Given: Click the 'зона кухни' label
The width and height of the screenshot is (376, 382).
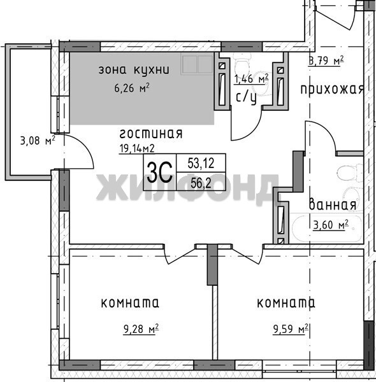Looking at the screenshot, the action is coord(134,70).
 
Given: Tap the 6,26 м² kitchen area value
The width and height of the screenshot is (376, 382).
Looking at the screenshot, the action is coord(132,88).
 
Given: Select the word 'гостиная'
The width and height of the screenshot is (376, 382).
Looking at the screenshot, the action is coord(151,134).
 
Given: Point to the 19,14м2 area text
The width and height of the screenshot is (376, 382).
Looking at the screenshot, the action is coord(137,148).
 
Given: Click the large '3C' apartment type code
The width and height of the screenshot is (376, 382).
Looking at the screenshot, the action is coord(160,172).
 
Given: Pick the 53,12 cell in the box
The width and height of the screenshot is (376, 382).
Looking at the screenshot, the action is coord(201,163).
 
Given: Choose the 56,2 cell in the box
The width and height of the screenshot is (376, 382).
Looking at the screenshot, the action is coord(201,183).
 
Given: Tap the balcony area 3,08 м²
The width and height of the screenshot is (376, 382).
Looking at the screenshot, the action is coord(38,141).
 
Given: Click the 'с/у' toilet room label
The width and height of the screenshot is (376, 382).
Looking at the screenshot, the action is coord(246,98).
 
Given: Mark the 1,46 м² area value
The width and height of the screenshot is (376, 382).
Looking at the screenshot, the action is coord(251,79).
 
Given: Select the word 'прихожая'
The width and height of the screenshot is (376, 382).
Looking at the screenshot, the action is coord(332,89).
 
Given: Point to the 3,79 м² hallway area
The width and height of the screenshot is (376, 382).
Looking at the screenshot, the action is coord(326,60).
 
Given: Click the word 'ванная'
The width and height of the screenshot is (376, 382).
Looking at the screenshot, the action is coord(333,205).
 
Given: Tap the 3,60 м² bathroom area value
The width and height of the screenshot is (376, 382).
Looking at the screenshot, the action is coord(331,225).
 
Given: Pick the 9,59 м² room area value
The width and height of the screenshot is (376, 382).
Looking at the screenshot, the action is coord(291,329).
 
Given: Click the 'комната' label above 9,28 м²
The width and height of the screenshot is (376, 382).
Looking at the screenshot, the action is coord(130,303).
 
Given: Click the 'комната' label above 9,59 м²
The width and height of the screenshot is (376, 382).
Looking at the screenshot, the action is coord(286,303).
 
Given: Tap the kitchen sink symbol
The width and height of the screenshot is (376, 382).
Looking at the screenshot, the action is coord(198,64).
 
